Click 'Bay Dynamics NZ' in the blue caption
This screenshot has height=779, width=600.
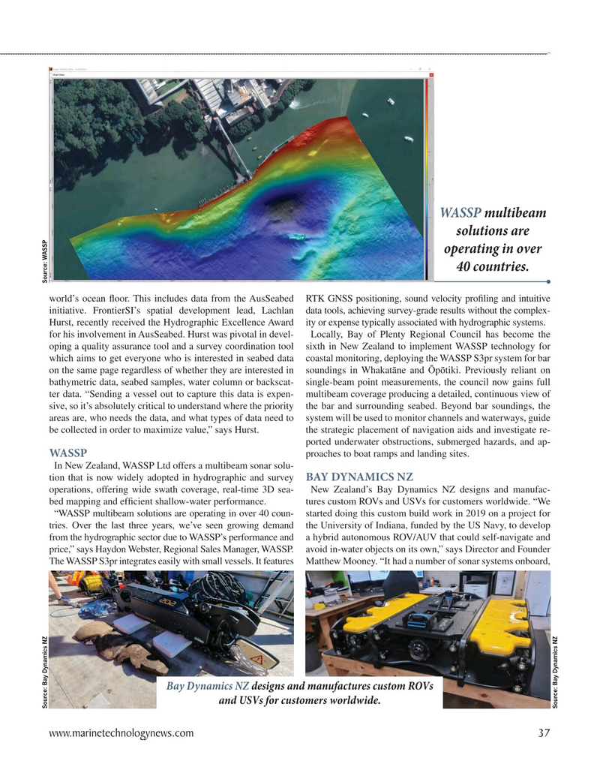click(x=208, y=686)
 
